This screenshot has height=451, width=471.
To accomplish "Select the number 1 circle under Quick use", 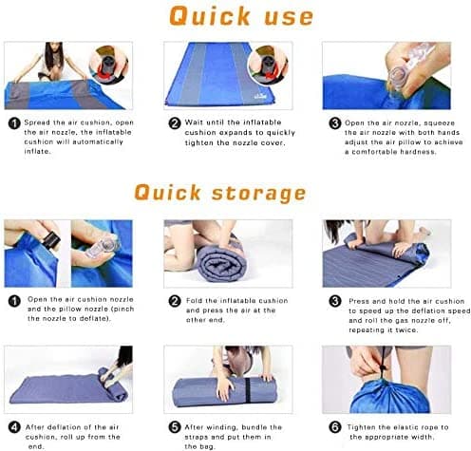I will [x=13, y=123].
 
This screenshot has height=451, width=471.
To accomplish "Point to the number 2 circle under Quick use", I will [x=174, y=123].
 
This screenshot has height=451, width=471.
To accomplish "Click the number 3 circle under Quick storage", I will [x=333, y=301].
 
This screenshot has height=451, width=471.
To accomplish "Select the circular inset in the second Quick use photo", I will [x=267, y=66].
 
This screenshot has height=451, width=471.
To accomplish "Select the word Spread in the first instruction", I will [x=43, y=123].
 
